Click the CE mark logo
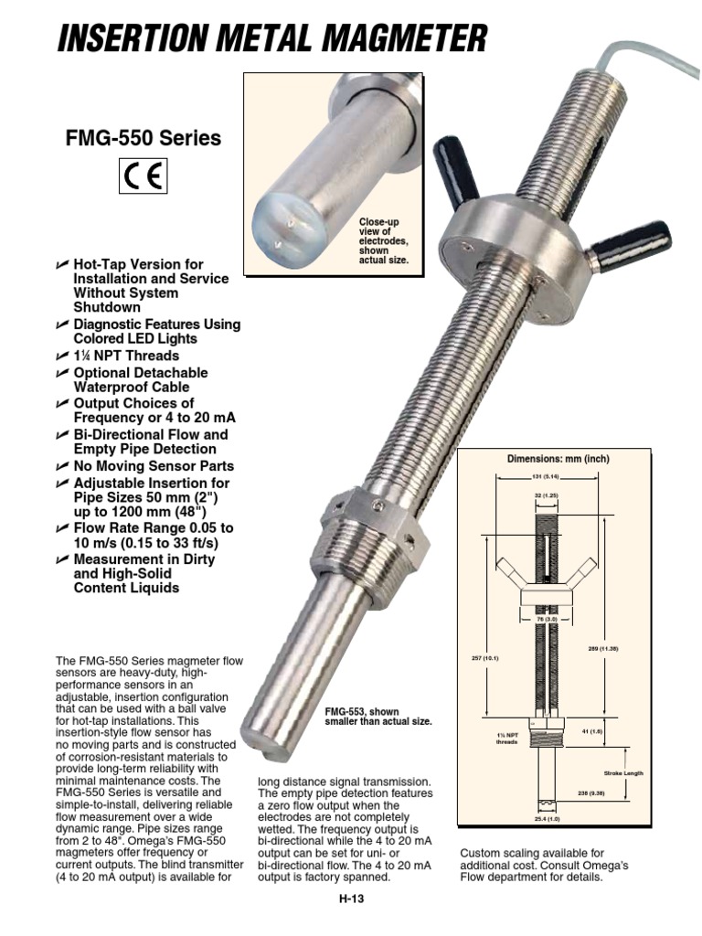point(142,176)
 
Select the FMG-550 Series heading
point(143,139)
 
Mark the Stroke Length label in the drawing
point(626,773)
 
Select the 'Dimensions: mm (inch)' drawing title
point(558,458)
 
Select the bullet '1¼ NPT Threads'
point(126,356)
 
